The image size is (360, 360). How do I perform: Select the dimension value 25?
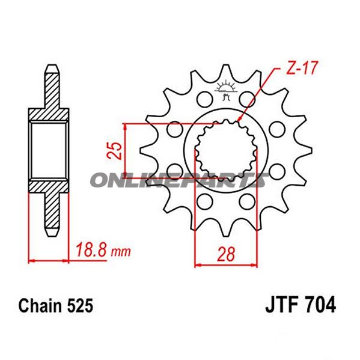pyautogui.click(x=115, y=151)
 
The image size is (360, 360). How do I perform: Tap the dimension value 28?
pyautogui.click(x=226, y=254)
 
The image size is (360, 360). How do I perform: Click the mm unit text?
pyautogui.click(x=121, y=252)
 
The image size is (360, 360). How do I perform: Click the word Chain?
pyautogui.click(x=40, y=306)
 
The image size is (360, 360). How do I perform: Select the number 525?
pyautogui.click(x=80, y=306)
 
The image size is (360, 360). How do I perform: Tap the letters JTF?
pyautogui.click(x=281, y=305)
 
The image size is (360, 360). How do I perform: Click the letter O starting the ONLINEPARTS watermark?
pyautogui.click(x=100, y=180)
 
